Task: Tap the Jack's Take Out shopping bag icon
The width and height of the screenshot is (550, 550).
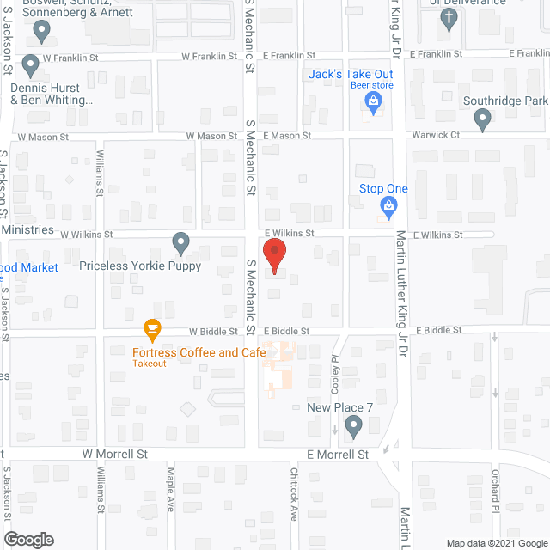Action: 373,103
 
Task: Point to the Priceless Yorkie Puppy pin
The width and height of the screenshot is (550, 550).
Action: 180,243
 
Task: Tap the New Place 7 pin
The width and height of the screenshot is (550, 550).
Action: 353,425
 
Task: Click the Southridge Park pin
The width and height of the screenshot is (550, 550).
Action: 482,119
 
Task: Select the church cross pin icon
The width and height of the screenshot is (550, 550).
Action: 448,21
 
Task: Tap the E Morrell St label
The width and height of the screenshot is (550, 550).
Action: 338,454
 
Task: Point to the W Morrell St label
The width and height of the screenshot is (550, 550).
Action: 115,453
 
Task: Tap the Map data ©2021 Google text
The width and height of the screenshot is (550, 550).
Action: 495,542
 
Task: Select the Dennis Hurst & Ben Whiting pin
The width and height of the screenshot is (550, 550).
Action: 31,65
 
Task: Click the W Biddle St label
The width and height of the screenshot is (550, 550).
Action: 213,331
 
